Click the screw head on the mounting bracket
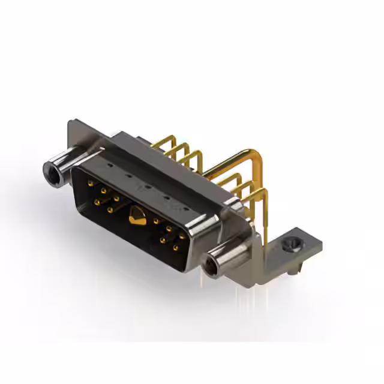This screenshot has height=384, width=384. pyautogui.click(x=292, y=245)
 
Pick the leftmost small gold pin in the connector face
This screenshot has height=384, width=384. pyautogui.click(x=91, y=184)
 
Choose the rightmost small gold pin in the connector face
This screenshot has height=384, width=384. pyautogui.click(x=182, y=237)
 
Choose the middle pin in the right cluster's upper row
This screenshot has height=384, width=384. pyautogui.click(x=169, y=229)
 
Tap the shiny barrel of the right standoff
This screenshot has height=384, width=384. pyautogui.click(x=228, y=255)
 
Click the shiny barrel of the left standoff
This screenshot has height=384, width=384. pyautogui.click(x=65, y=163)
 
